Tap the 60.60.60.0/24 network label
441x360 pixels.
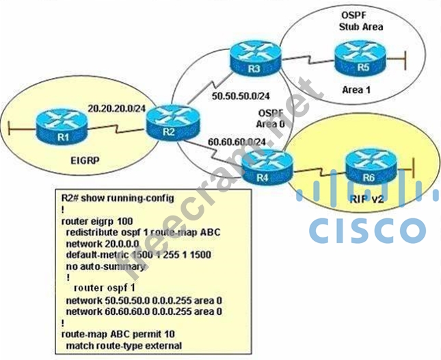[x=237, y=142]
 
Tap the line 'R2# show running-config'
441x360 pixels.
[x=118, y=198]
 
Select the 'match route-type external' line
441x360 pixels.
[x=124, y=346]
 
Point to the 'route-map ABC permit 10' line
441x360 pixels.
[x=120, y=335]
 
